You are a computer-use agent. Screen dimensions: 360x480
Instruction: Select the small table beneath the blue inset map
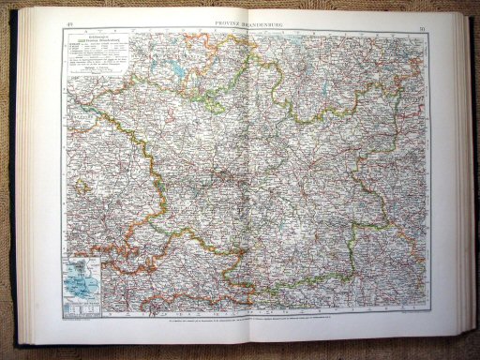82,304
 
